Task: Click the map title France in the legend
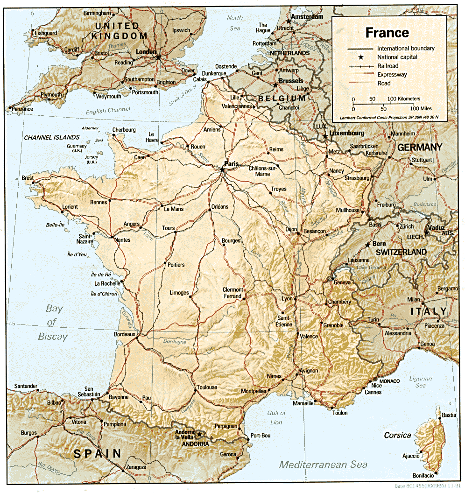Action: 387,33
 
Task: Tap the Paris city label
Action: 231,164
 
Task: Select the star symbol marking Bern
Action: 368,244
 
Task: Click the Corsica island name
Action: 397,435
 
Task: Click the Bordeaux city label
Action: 124,334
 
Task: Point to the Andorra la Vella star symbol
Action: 199,434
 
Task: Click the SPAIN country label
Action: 97,453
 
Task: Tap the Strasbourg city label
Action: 356,178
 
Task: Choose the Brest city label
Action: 28,178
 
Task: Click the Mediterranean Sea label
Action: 323,465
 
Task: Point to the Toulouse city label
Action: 207,387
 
